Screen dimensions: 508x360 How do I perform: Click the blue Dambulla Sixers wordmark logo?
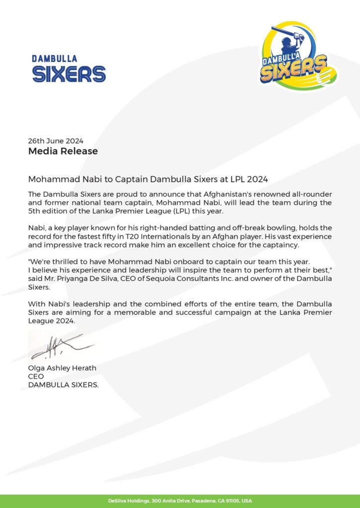69,69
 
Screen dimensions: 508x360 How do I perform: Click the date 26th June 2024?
56,140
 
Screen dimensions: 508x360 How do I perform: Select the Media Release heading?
63,151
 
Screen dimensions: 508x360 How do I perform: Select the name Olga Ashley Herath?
62,368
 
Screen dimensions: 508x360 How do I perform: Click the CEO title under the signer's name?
36,376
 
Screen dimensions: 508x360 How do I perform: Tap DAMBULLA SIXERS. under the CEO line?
64,384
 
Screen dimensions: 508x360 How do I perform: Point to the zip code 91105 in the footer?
232,501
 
